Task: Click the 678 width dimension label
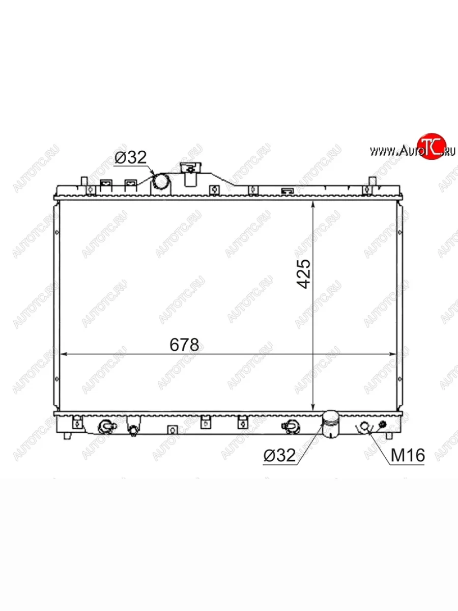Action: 184,345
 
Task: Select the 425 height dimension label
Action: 303,274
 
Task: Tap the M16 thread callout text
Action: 408,455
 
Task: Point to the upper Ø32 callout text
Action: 130,157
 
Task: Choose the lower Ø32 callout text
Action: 279,456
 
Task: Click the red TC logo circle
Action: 432,146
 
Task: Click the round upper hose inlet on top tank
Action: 161,181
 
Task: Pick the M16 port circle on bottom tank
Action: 364,426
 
